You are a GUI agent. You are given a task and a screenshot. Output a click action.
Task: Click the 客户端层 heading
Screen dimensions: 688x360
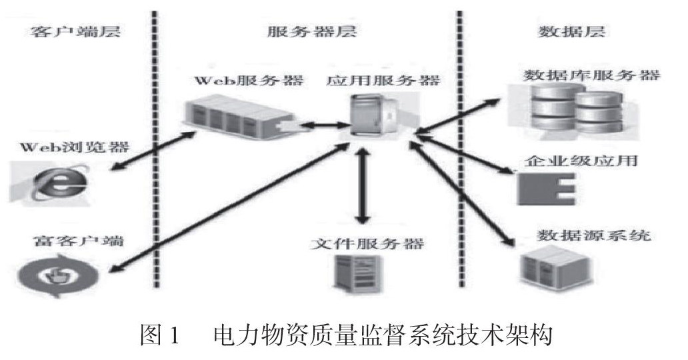[x=75, y=31]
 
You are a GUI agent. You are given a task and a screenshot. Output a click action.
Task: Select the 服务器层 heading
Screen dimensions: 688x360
[x=312, y=31]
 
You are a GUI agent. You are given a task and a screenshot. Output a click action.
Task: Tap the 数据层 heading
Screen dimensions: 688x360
[x=571, y=31]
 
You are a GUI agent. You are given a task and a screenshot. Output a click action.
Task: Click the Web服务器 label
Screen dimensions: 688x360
[x=249, y=81]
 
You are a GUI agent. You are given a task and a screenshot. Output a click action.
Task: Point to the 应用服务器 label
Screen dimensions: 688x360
[x=383, y=81]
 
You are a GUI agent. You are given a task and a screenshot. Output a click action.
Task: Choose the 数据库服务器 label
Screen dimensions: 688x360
[x=591, y=75]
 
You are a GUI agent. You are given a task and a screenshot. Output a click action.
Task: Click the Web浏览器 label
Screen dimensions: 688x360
[x=74, y=146]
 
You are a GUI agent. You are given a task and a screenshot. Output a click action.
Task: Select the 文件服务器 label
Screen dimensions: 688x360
[x=367, y=243]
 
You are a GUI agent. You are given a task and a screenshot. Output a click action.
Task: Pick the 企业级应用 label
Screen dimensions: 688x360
[x=580, y=161]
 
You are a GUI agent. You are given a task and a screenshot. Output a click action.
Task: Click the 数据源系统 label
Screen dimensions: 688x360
[x=593, y=235]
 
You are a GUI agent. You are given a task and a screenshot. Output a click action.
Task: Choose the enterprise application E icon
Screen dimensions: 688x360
[x=546, y=189]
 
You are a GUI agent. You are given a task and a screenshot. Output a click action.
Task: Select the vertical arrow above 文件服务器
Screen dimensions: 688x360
[x=362, y=187]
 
